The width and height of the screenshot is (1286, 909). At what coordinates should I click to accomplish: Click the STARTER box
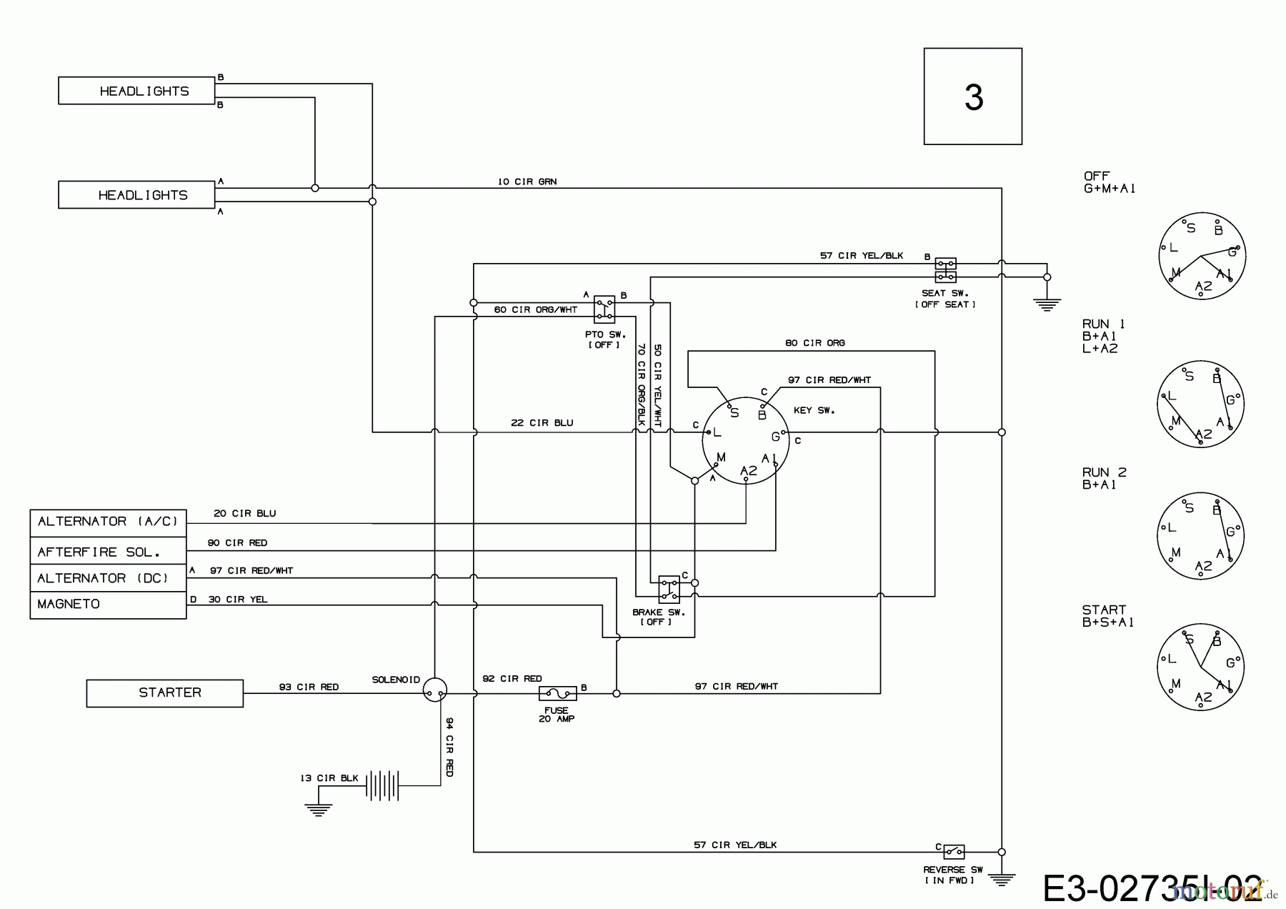tap(164, 692)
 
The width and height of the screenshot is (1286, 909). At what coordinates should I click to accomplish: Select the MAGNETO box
tap(108, 605)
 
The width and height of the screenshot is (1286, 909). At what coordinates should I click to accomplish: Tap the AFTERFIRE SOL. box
tap(108, 552)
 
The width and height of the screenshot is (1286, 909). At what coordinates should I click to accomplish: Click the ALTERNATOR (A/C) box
tap(108, 522)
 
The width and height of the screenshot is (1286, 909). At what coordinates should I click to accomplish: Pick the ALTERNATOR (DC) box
tap(108, 578)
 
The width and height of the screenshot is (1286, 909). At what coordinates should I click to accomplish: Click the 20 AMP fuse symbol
tap(557, 693)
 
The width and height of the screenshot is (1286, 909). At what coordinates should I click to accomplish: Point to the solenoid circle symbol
tap(434, 690)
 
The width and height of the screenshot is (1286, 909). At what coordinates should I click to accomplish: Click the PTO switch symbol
tap(604, 308)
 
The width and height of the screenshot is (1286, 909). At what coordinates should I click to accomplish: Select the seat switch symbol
tap(945, 270)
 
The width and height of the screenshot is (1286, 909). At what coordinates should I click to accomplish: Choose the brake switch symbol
tap(669, 589)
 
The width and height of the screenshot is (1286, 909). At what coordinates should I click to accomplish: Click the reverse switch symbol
tap(954, 851)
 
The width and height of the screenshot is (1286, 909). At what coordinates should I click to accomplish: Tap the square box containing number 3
tap(972, 96)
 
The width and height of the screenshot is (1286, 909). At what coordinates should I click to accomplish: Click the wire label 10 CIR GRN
tap(527, 182)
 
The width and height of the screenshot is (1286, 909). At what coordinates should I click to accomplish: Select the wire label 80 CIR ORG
tap(814, 343)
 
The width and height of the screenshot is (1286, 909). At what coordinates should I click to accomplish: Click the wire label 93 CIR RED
tap(309, 687)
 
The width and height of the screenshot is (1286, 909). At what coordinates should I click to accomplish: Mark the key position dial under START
tap(1200, 666)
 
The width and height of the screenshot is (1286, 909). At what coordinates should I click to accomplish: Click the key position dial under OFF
tap(1201, 255)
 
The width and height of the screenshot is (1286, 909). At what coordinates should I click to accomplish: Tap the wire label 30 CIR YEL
tap(238, 600)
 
